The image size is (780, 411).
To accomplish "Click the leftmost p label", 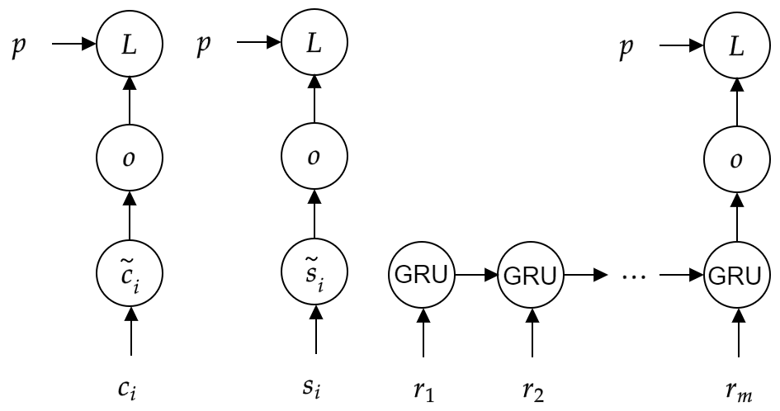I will tap(17, 41).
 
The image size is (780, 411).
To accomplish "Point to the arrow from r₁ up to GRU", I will tap(423, 330).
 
